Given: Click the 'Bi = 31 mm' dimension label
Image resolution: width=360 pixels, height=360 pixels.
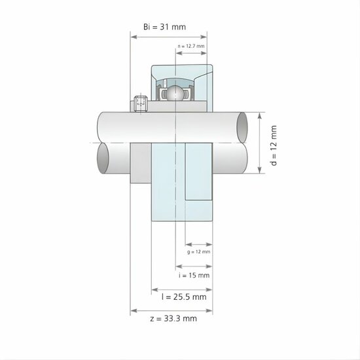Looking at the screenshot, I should point(165,27).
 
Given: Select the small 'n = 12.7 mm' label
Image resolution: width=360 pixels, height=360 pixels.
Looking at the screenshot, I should point(191,46).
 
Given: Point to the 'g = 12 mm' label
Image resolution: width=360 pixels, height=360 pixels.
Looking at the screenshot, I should point(198,251).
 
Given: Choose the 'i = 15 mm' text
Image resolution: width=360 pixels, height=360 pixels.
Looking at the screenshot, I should point(194,276).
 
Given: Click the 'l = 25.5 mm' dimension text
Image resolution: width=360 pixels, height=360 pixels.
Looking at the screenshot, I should point(184,297).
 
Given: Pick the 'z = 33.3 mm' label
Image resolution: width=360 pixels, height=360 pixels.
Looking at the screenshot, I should point(173,319).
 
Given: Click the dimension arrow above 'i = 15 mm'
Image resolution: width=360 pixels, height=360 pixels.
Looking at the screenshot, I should point(194,266).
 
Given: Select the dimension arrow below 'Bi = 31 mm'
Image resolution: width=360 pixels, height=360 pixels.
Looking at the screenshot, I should point(168,37).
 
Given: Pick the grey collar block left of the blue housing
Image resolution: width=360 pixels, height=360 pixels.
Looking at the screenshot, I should point(141,164).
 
